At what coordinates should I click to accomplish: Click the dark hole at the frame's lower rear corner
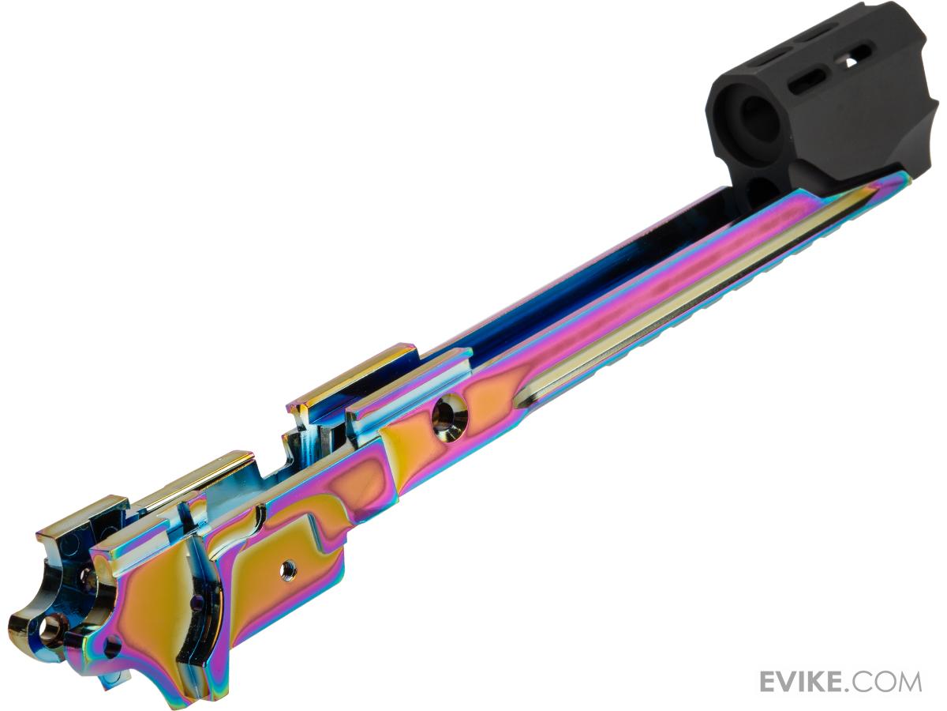click(x=112, y=647)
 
